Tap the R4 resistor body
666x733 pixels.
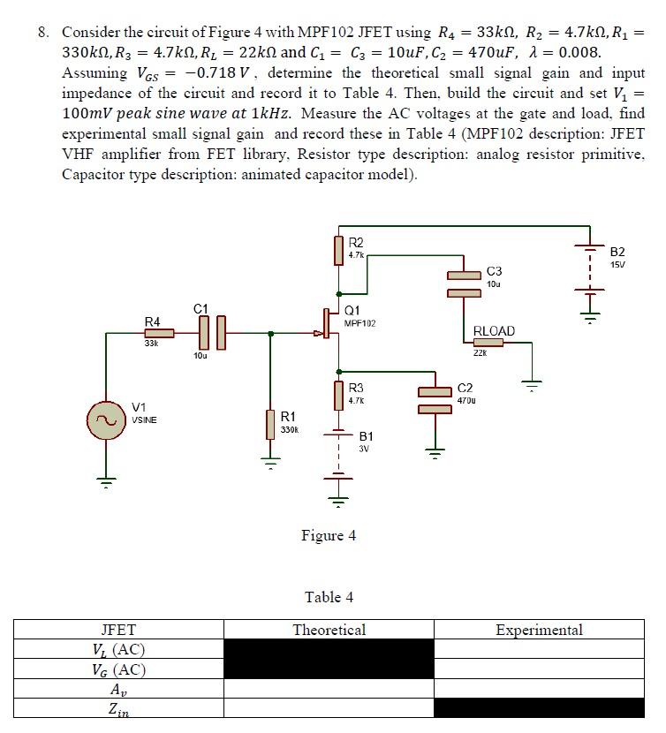click(x=159, y=334)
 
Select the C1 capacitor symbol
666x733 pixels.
click(x=210, y=333)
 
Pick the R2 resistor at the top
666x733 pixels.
click(x=338, y=250)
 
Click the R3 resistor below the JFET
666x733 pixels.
click(x=338, y=395)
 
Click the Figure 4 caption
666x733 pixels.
click(x=329, y=535)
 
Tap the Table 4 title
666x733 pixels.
click(x=329, y=597)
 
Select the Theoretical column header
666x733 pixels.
click(x=329, y=630)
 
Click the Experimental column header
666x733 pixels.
click(x=539, y=630)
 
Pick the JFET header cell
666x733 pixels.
click(x=118, y=630)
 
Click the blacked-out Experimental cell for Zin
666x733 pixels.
click(x=539, y=707)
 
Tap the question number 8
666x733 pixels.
click(x=42, y=32)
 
